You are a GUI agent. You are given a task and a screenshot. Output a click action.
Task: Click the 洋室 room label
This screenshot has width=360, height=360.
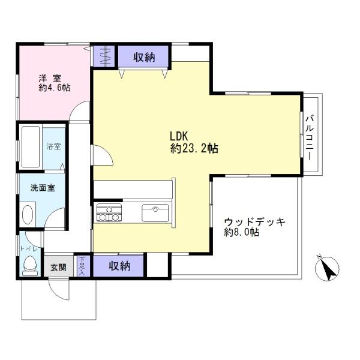click(x=50, y=79)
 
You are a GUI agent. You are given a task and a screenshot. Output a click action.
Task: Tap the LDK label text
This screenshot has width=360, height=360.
click(x=179, y=136)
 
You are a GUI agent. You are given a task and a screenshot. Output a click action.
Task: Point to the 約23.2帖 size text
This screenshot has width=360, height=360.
click(x=194, y=149)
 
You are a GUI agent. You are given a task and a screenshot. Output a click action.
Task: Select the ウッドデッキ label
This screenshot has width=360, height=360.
click(x=254, y=222)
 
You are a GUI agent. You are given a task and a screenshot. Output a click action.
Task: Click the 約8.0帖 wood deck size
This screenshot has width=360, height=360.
click(x=242, y=232)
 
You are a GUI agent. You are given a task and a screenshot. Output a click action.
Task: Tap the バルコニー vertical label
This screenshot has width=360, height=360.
click(x=310, y=138)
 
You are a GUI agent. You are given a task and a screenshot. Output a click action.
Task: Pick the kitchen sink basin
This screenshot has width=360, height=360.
click(x=155, y=213)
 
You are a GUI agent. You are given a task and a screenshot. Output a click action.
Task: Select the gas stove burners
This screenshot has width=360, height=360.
click(x=109, y=212)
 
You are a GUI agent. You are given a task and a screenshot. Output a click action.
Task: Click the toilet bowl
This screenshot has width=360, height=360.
click(x=30, y=265)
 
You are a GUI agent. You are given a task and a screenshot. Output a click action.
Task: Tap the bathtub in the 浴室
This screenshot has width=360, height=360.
click(x=31, y=147)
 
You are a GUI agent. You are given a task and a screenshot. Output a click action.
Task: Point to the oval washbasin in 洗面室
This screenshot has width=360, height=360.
click(x=28, y=214)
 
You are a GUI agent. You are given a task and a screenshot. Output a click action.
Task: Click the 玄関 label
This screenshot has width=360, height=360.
click(x=58, y=267)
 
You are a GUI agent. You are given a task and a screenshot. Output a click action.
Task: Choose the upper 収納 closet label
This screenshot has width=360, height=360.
click(x=145, y=57)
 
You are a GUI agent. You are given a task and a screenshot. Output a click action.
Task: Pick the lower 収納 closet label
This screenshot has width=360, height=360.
click(x=119, y=266)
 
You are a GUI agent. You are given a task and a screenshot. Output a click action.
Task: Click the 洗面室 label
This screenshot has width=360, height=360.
click(x=43, y=188)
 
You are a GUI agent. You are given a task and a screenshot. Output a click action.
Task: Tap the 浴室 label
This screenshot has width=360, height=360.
click(x=54, y=146)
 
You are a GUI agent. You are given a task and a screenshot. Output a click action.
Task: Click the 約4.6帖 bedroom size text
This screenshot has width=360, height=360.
click(x=55, y=88)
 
